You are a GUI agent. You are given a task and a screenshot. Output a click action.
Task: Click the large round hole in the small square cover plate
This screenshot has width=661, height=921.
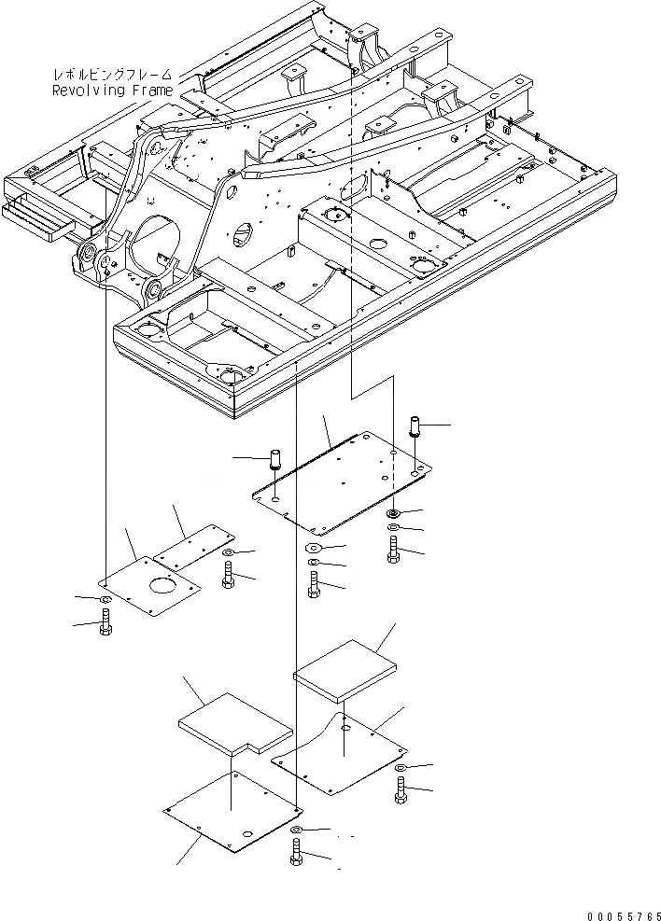164,590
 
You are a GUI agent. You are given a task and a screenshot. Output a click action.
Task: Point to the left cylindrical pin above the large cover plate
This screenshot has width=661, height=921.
276,460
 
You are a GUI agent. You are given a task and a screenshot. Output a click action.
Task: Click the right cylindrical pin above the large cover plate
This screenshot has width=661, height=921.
415,429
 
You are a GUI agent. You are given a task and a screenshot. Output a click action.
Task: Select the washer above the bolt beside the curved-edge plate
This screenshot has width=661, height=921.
401,767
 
